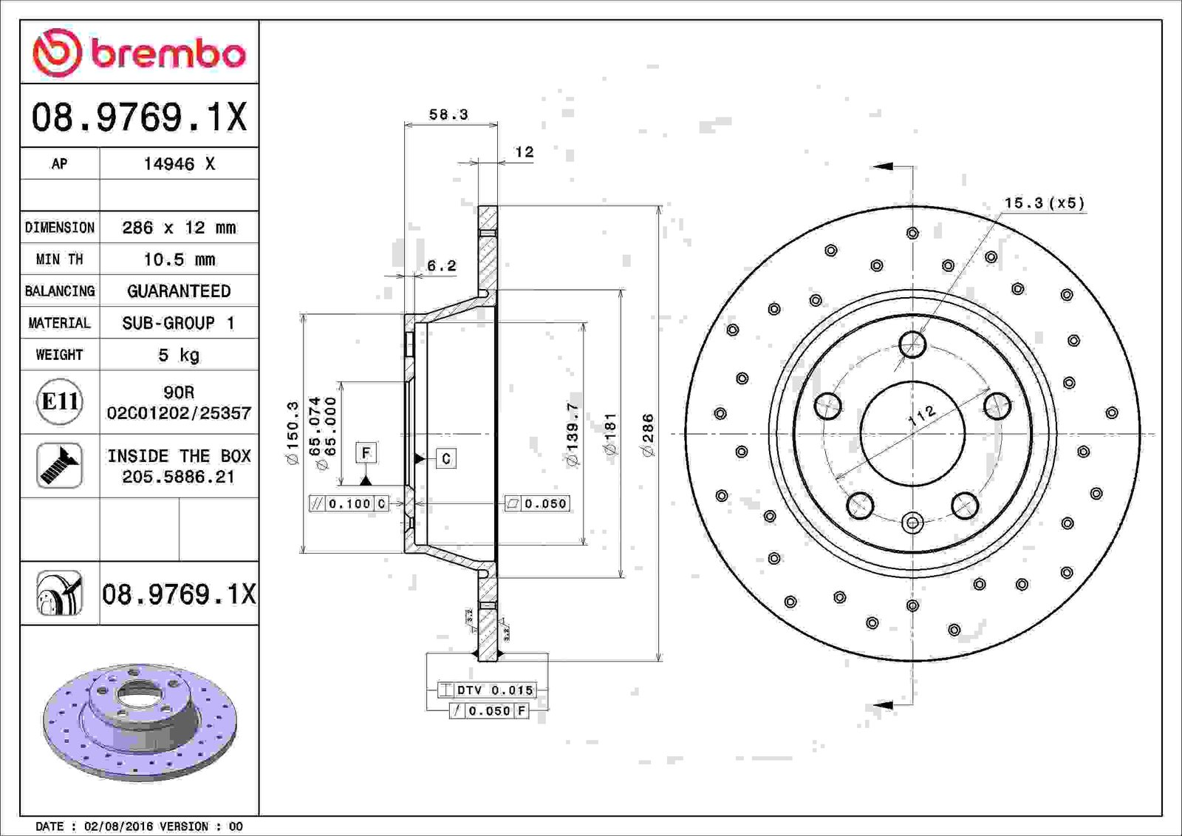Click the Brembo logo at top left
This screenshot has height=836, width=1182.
coord(139,52)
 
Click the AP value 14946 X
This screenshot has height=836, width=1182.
coord(179,163)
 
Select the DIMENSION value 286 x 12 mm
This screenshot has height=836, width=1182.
coord(179,228)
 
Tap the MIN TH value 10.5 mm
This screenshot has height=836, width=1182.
coord(179,259)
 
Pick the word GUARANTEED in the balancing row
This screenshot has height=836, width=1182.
coord(179,291)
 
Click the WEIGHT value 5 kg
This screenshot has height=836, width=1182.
coord(179,354)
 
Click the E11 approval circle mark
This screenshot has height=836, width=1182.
coord(60,402)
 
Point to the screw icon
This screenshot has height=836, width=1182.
coord(59,465)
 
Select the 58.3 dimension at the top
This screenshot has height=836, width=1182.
coord(448,114)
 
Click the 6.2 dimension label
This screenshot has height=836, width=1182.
coord(441,265)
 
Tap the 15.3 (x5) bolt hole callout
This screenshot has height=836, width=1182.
coord(1044,203)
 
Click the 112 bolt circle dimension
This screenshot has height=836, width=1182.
coord(921,415)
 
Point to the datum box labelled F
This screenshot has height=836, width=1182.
coord(366,452)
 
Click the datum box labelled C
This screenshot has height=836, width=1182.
coord(446,458)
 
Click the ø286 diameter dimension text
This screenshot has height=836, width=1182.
coord(647,435)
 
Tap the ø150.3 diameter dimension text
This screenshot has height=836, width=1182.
coord(293,433)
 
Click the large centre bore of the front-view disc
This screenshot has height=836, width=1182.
coord(912,434)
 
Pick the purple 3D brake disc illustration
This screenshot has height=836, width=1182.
coord(140,722)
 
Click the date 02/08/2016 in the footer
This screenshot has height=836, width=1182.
coord(119,826)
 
